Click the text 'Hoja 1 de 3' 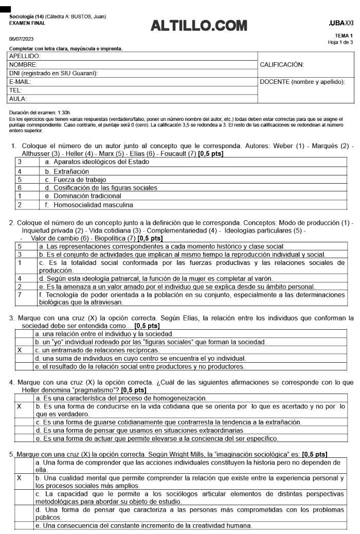click(341, 42)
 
